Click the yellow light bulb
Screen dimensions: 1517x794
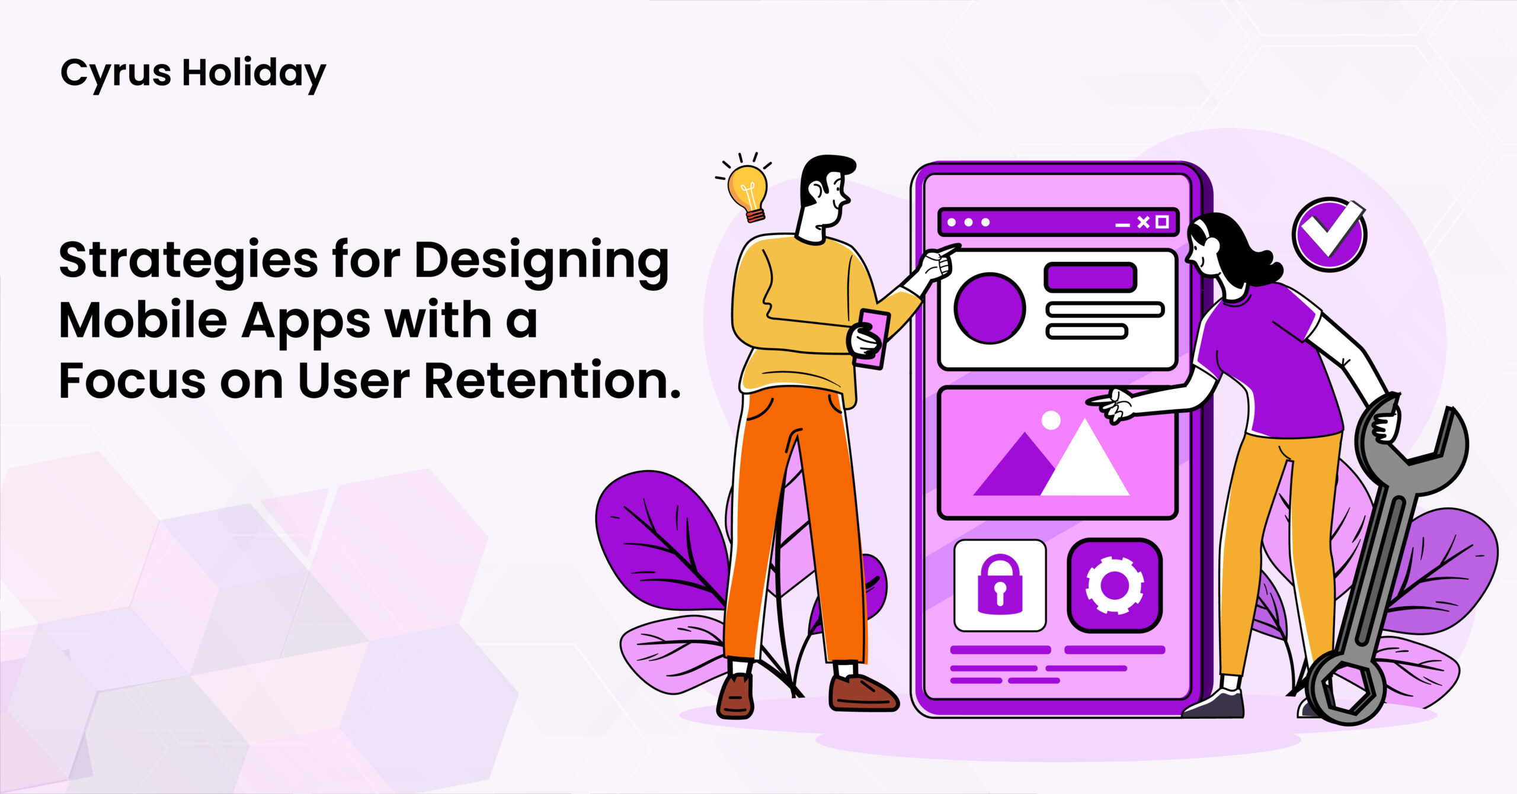[748, 191]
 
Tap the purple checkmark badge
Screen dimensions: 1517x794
[1329, 234]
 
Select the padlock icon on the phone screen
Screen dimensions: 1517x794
[1000, 584]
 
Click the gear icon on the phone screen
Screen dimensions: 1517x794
[1114, 585]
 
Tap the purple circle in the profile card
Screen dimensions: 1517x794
[990, 308]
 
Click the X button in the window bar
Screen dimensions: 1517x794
[1143, 222]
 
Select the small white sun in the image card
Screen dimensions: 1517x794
[1051, 420]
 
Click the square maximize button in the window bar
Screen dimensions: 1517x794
[1162, 222]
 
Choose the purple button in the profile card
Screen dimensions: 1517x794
[1090, 277]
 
